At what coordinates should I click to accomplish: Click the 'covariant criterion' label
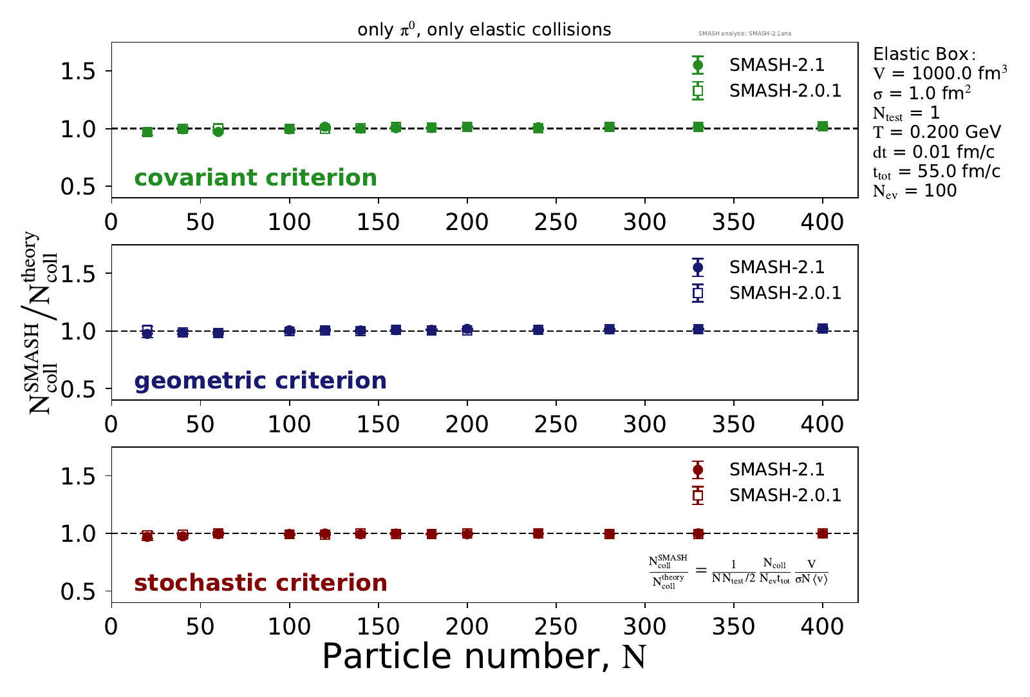pos(256,178)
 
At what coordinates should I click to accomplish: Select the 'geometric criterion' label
pos(260,381)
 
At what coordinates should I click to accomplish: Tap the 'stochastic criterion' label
pos(261,583)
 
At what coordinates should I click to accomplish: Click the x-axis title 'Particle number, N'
pos(484,657)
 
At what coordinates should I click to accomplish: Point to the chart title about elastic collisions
pos(484,30)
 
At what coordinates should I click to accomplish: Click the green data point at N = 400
pos(822,126)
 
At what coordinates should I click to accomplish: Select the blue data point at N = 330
pos(698,329)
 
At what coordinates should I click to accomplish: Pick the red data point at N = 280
pos(609,534)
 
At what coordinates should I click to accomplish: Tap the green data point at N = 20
pos(147,132)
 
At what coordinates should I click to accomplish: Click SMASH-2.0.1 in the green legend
pos(785,91)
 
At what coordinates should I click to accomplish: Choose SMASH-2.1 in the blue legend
pos(776,267)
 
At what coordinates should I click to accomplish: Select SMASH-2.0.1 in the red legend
pos(785,495)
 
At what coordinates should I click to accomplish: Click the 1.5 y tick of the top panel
pos(79,72)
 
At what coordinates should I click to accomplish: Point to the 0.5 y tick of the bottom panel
pos(79,592)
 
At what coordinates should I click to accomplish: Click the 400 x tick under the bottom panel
pos(822,627)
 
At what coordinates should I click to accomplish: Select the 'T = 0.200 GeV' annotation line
pos(937,132)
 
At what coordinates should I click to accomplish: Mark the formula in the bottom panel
pos(738,571)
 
